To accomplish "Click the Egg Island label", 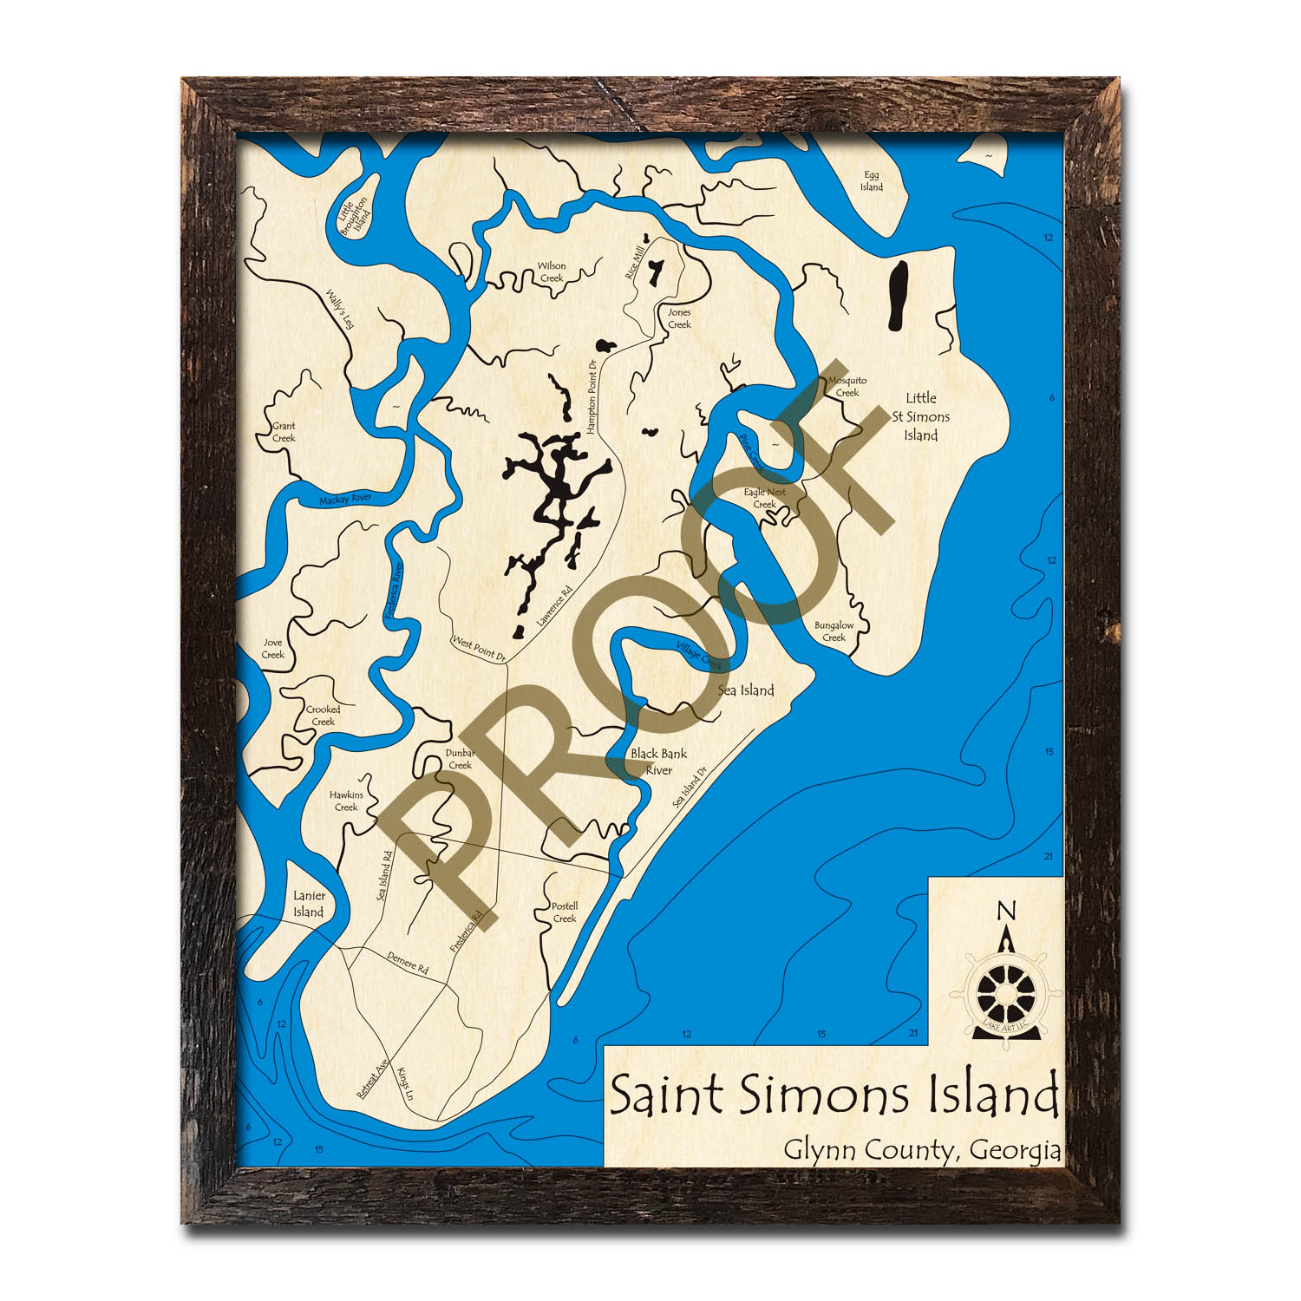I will coord(871,181).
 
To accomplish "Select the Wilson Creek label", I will coord(552,272).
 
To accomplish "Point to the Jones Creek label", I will coord(679,318).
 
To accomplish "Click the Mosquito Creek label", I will coord(847,386).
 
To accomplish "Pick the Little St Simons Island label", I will coord(920,416).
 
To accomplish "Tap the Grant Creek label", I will coord(284,432).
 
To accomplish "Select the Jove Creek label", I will coord(272,649).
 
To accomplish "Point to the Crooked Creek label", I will coord(323,716).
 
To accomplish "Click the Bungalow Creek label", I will coord(834,631).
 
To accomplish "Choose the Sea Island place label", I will coord(746,690).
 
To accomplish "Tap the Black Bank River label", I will coord(658,762).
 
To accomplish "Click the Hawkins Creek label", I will coord(346,801).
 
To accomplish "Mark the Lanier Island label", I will coord(309,904).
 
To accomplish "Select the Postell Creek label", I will coord(565,912).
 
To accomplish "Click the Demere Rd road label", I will coord(408,962).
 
